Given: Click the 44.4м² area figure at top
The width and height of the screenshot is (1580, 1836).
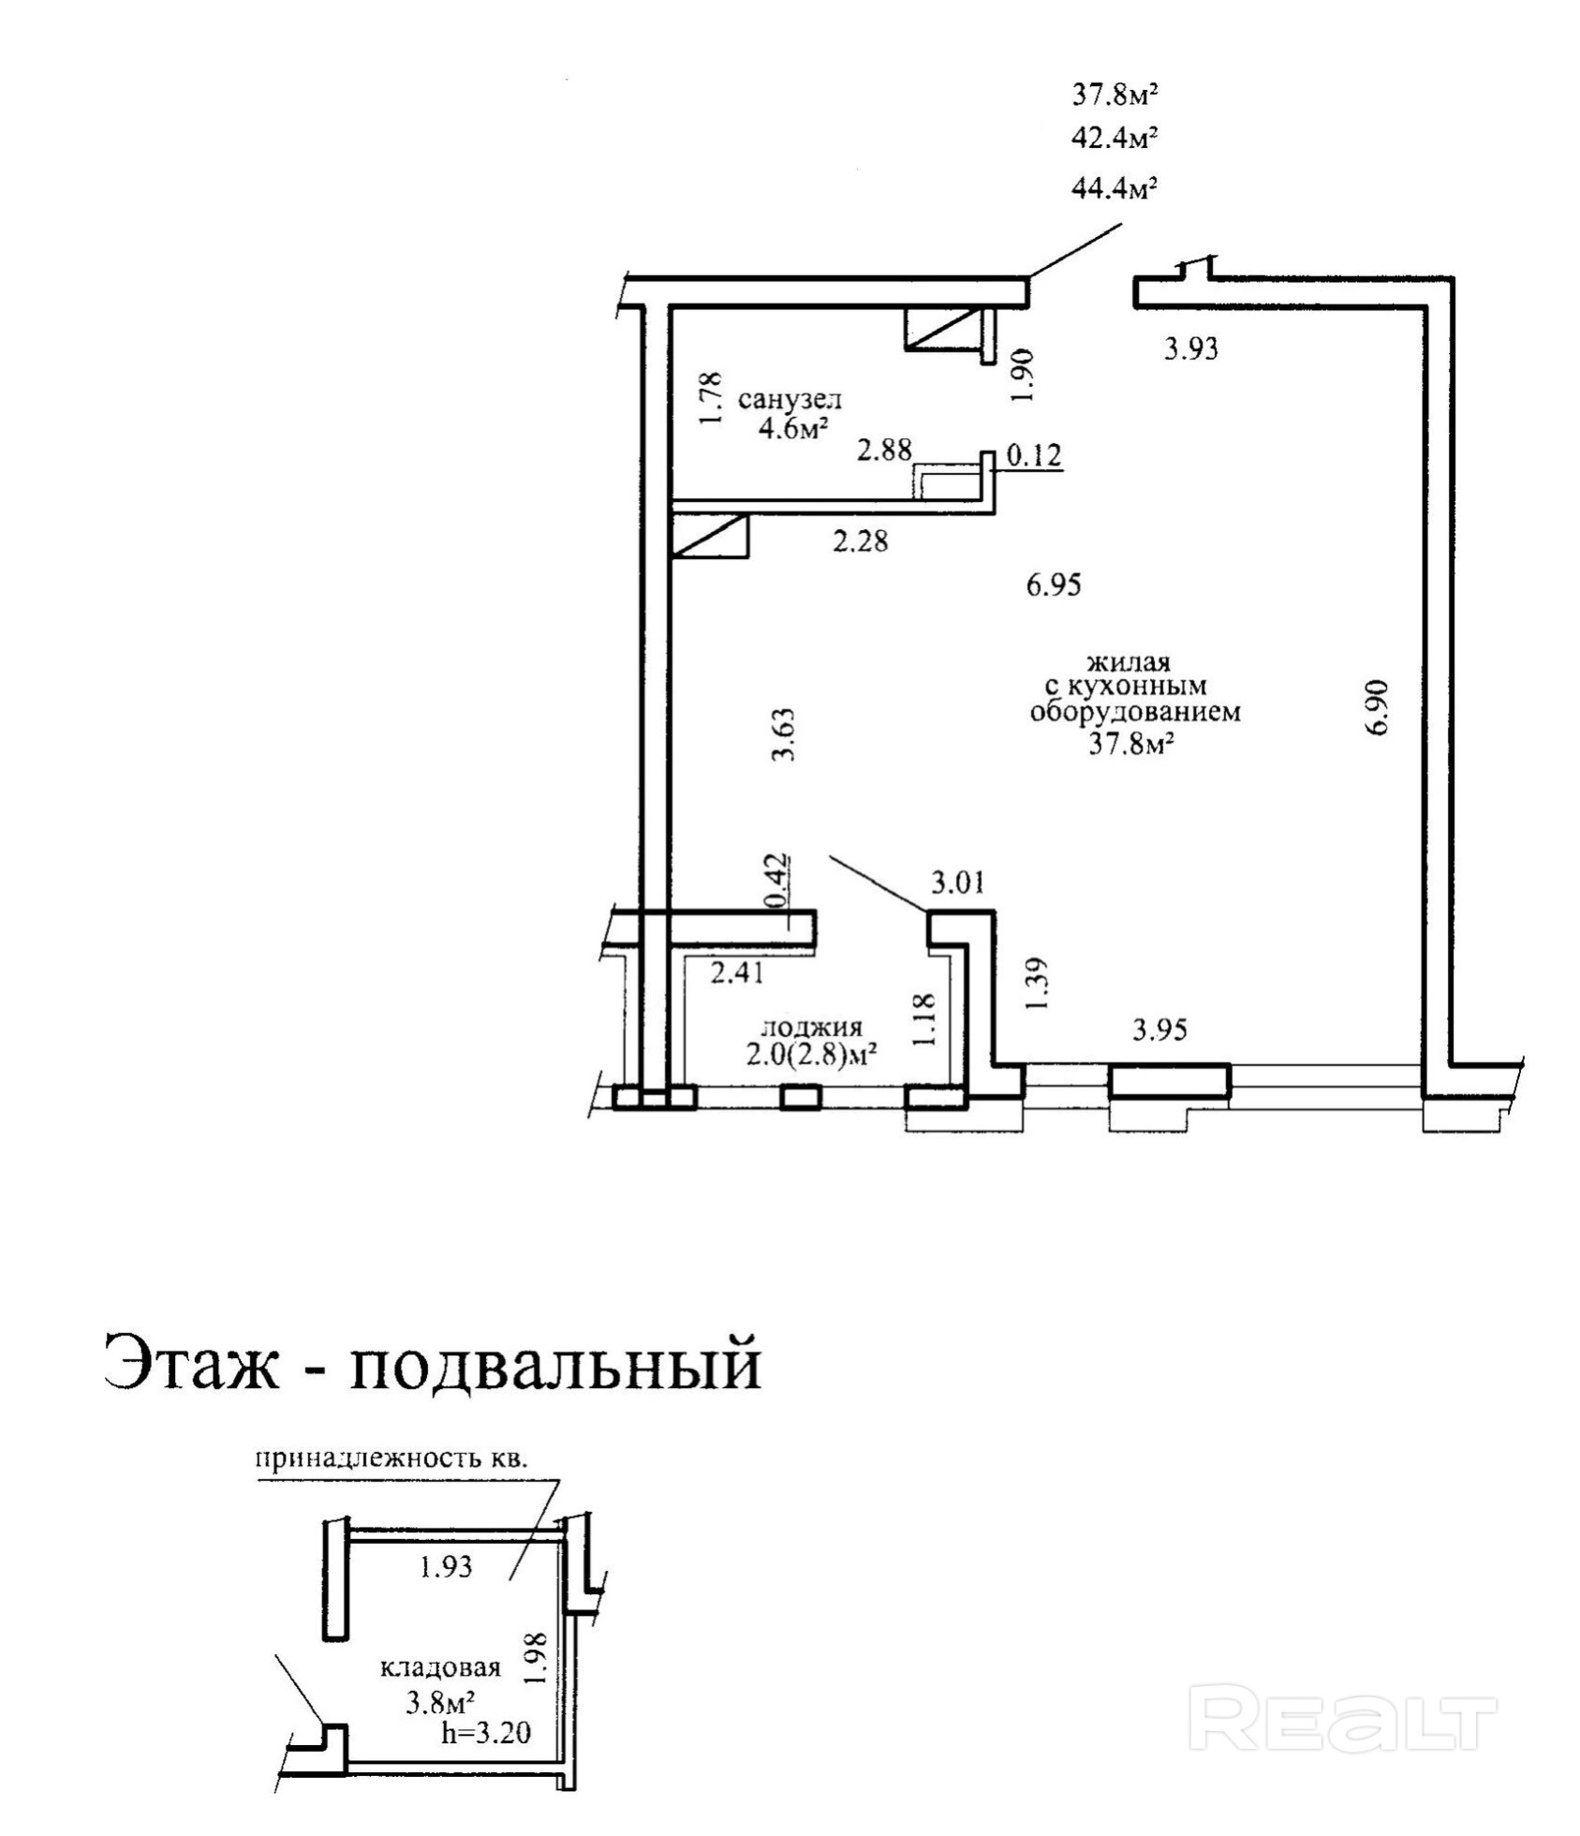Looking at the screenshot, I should pyautogui.click(x=1114, y=188).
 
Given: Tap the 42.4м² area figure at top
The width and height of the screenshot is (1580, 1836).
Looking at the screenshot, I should pyautogui.click(x=1114, y=139).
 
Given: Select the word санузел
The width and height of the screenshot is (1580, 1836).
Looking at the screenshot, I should pyautogui.click(x=790, y=400).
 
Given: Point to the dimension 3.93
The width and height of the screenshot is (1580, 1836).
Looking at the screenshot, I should pyautogui.click(x=1190, y=349).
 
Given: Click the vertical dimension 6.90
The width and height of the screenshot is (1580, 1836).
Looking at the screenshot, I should pyautogui.click(x=1377, y=707).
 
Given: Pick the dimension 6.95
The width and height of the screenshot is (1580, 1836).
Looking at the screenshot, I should pyautogui.click(x=1054, y=585).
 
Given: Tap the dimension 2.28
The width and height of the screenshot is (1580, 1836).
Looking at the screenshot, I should pyautogui.click(x=860, y=540).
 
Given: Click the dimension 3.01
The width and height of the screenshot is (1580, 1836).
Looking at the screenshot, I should pyautogui.click(x=957, y=882).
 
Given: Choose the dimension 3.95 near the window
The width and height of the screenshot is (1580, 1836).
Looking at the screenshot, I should pyautogui.click(x=1159, y=1029).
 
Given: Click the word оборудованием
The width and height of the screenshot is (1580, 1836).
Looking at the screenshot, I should pyautogui.click(x=1135, y=712).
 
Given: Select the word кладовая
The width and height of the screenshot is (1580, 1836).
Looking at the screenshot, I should pyautogui.click(x=440, y=1667).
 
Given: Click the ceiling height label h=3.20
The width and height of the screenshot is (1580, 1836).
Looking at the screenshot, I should pyautogui.click(x=486, y=1732).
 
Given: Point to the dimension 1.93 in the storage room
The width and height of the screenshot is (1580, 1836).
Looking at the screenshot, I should pyautogui.click(x=446, y=1566).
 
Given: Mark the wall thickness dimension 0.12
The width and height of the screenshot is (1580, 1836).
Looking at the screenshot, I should pyautogui.click(x=1034, y=456).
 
